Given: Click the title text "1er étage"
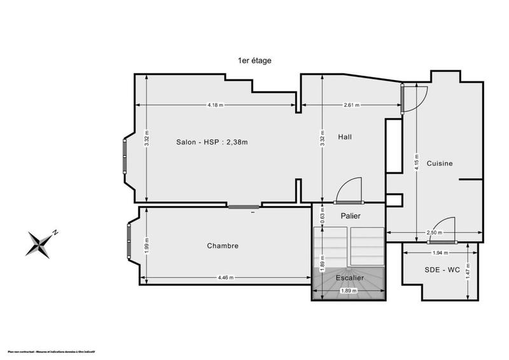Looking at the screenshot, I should [254, 60].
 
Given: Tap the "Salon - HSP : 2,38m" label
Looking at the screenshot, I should [212, 142].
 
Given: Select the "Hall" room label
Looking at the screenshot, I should [345, 137].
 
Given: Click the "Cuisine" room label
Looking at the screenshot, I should [440, 163].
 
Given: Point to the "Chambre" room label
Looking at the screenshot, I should [223, 246].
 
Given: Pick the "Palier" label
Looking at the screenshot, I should [351, 216].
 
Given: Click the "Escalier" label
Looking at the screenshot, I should [351, 278].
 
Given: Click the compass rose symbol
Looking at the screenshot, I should [41, 244].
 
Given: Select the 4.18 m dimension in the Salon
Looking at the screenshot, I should [215, 105].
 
